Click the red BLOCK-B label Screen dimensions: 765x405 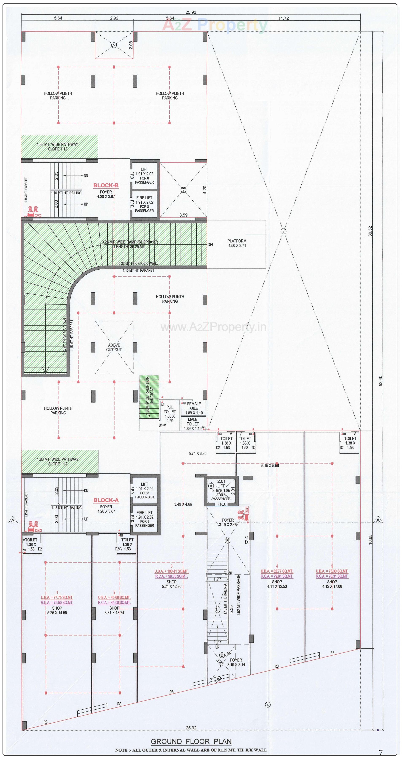pos(106,186)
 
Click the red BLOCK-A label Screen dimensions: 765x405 pos(106,500)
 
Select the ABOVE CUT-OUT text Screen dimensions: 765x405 pos(114,348)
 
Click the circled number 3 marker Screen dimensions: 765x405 pos(283,231)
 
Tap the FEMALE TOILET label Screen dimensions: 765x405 pos(194,406)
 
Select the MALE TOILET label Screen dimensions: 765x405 pos(193,422)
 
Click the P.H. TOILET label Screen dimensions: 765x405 pos(170,409)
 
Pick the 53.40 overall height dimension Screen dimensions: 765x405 pos(381,381)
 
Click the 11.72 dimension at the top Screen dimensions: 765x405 pos(283,18)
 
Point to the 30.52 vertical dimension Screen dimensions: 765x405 pos(370,231)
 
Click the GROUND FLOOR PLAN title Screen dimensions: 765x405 pos(191,742)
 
